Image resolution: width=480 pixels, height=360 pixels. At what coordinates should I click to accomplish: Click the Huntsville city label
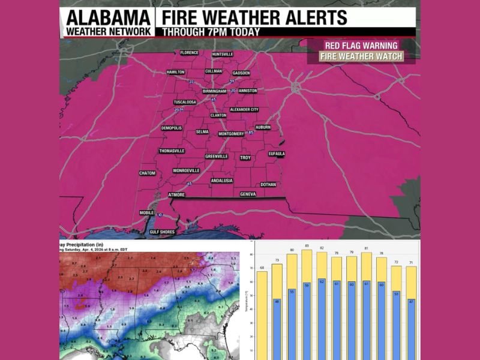pos(222,54)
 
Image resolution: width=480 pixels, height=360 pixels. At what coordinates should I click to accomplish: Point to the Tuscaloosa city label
pos(185,102)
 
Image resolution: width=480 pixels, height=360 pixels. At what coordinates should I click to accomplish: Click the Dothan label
pos(268,185)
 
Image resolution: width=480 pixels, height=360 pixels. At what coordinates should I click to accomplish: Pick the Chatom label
pos(147,173)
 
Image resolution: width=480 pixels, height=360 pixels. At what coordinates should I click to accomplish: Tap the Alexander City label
pos(244,110)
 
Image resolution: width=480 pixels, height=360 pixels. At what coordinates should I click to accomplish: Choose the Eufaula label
pos(277,154)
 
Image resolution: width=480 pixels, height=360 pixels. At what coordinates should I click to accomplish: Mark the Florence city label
pos(189,53)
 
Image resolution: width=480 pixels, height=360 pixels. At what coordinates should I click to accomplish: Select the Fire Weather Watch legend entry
pos(360,57)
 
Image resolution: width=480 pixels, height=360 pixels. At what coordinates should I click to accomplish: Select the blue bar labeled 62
pos(322,318)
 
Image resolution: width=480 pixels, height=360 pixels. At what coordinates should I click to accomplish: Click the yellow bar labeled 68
pos(262,312)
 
